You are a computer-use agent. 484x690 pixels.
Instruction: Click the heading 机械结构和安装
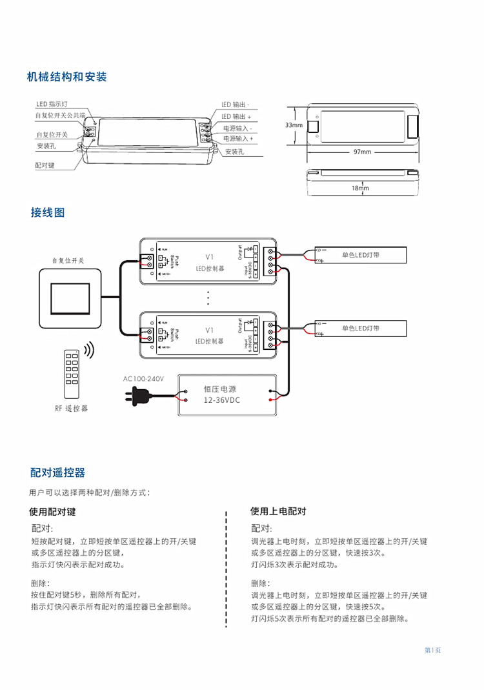(x=66, y=77)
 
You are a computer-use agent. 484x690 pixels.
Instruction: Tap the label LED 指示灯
(x=52, y=104)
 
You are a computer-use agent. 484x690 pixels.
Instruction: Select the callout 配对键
(x=45, y=166)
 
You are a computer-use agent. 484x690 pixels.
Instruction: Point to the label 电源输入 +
(x=238, y=138)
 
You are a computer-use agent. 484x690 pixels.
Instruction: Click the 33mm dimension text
(x=294, y=125)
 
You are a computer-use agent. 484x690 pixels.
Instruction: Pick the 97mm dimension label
(x=362, y=152)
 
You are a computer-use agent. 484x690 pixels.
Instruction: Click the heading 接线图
(x=48, y=212)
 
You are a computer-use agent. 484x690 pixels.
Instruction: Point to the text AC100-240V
(x=144, y=378)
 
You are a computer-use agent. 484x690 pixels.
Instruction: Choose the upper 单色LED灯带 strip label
(x=360, y=255)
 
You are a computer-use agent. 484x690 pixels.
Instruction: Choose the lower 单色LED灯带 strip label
(x=360, y=329)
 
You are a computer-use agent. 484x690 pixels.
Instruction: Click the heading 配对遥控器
(x=57, y=473)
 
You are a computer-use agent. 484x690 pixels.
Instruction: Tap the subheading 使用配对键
(x=52, y=511)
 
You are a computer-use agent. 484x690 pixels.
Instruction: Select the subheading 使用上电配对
(x=278, y=511)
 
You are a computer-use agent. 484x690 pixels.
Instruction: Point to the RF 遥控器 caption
(x=70, y=409)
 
